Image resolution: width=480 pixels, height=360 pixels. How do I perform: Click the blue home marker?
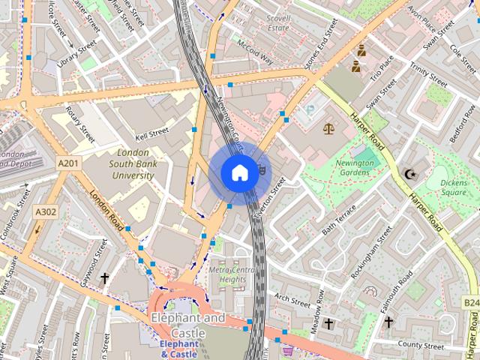tap(238, 173)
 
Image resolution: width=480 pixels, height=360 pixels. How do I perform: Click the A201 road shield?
tap(67, 162)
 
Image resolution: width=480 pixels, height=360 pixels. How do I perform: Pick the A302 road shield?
tap(45, 212)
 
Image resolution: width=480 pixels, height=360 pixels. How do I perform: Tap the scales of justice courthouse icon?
tap(328, 128)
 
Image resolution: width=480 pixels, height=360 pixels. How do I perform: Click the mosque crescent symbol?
tap(409, 175)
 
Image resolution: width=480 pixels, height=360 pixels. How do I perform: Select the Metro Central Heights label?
tap(232, 274)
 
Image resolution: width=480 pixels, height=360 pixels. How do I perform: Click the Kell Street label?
tap(151, 134)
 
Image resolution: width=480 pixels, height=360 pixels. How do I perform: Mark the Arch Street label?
tap(292, 300)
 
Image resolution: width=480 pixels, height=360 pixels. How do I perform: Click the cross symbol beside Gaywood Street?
tap(104, 279)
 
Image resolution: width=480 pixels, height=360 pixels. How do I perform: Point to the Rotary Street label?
tap(79, 124)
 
